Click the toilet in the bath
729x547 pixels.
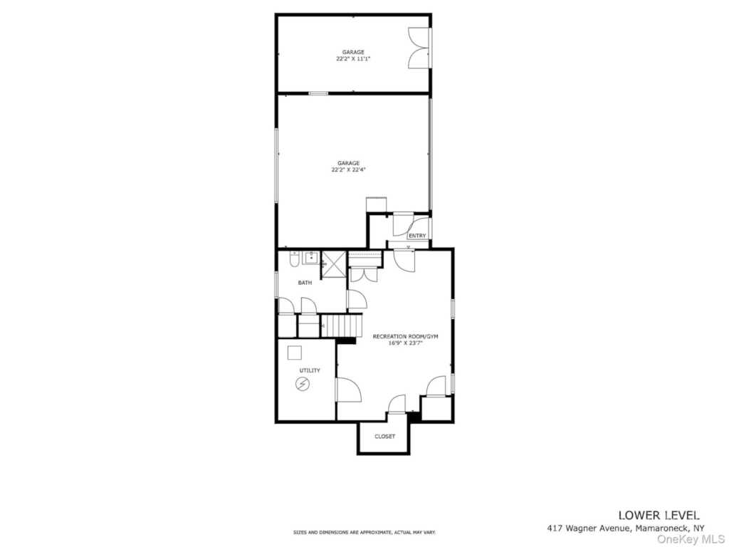(x=294, y=259)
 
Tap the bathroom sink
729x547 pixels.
(x=310, y=258)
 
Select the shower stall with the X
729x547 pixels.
(x=335, y=264)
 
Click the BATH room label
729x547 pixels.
(x=305, y=283)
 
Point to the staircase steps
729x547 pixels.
(x=342, y=325)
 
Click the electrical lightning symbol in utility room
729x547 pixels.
(x=303, y=384)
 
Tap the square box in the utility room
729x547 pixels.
(x=294, y=353)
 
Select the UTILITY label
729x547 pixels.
(x=310, y=370)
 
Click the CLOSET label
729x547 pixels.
(x=385, y=437)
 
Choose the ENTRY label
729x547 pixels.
(x=417, y=236)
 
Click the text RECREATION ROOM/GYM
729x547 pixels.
(x=405, y=337)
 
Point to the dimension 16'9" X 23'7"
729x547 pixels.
(x=405, y=343)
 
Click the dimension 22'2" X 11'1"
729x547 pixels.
(x=353, y=59)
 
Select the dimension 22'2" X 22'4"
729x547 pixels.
(x=349, y=170)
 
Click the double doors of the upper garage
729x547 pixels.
(x=419, y=48)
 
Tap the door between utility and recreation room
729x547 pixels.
(x=347, y=390)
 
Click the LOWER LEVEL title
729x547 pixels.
(x=659, y=516)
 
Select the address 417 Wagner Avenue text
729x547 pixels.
(x=589, y=528)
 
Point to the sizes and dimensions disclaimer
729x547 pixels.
(x=364, y=532)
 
